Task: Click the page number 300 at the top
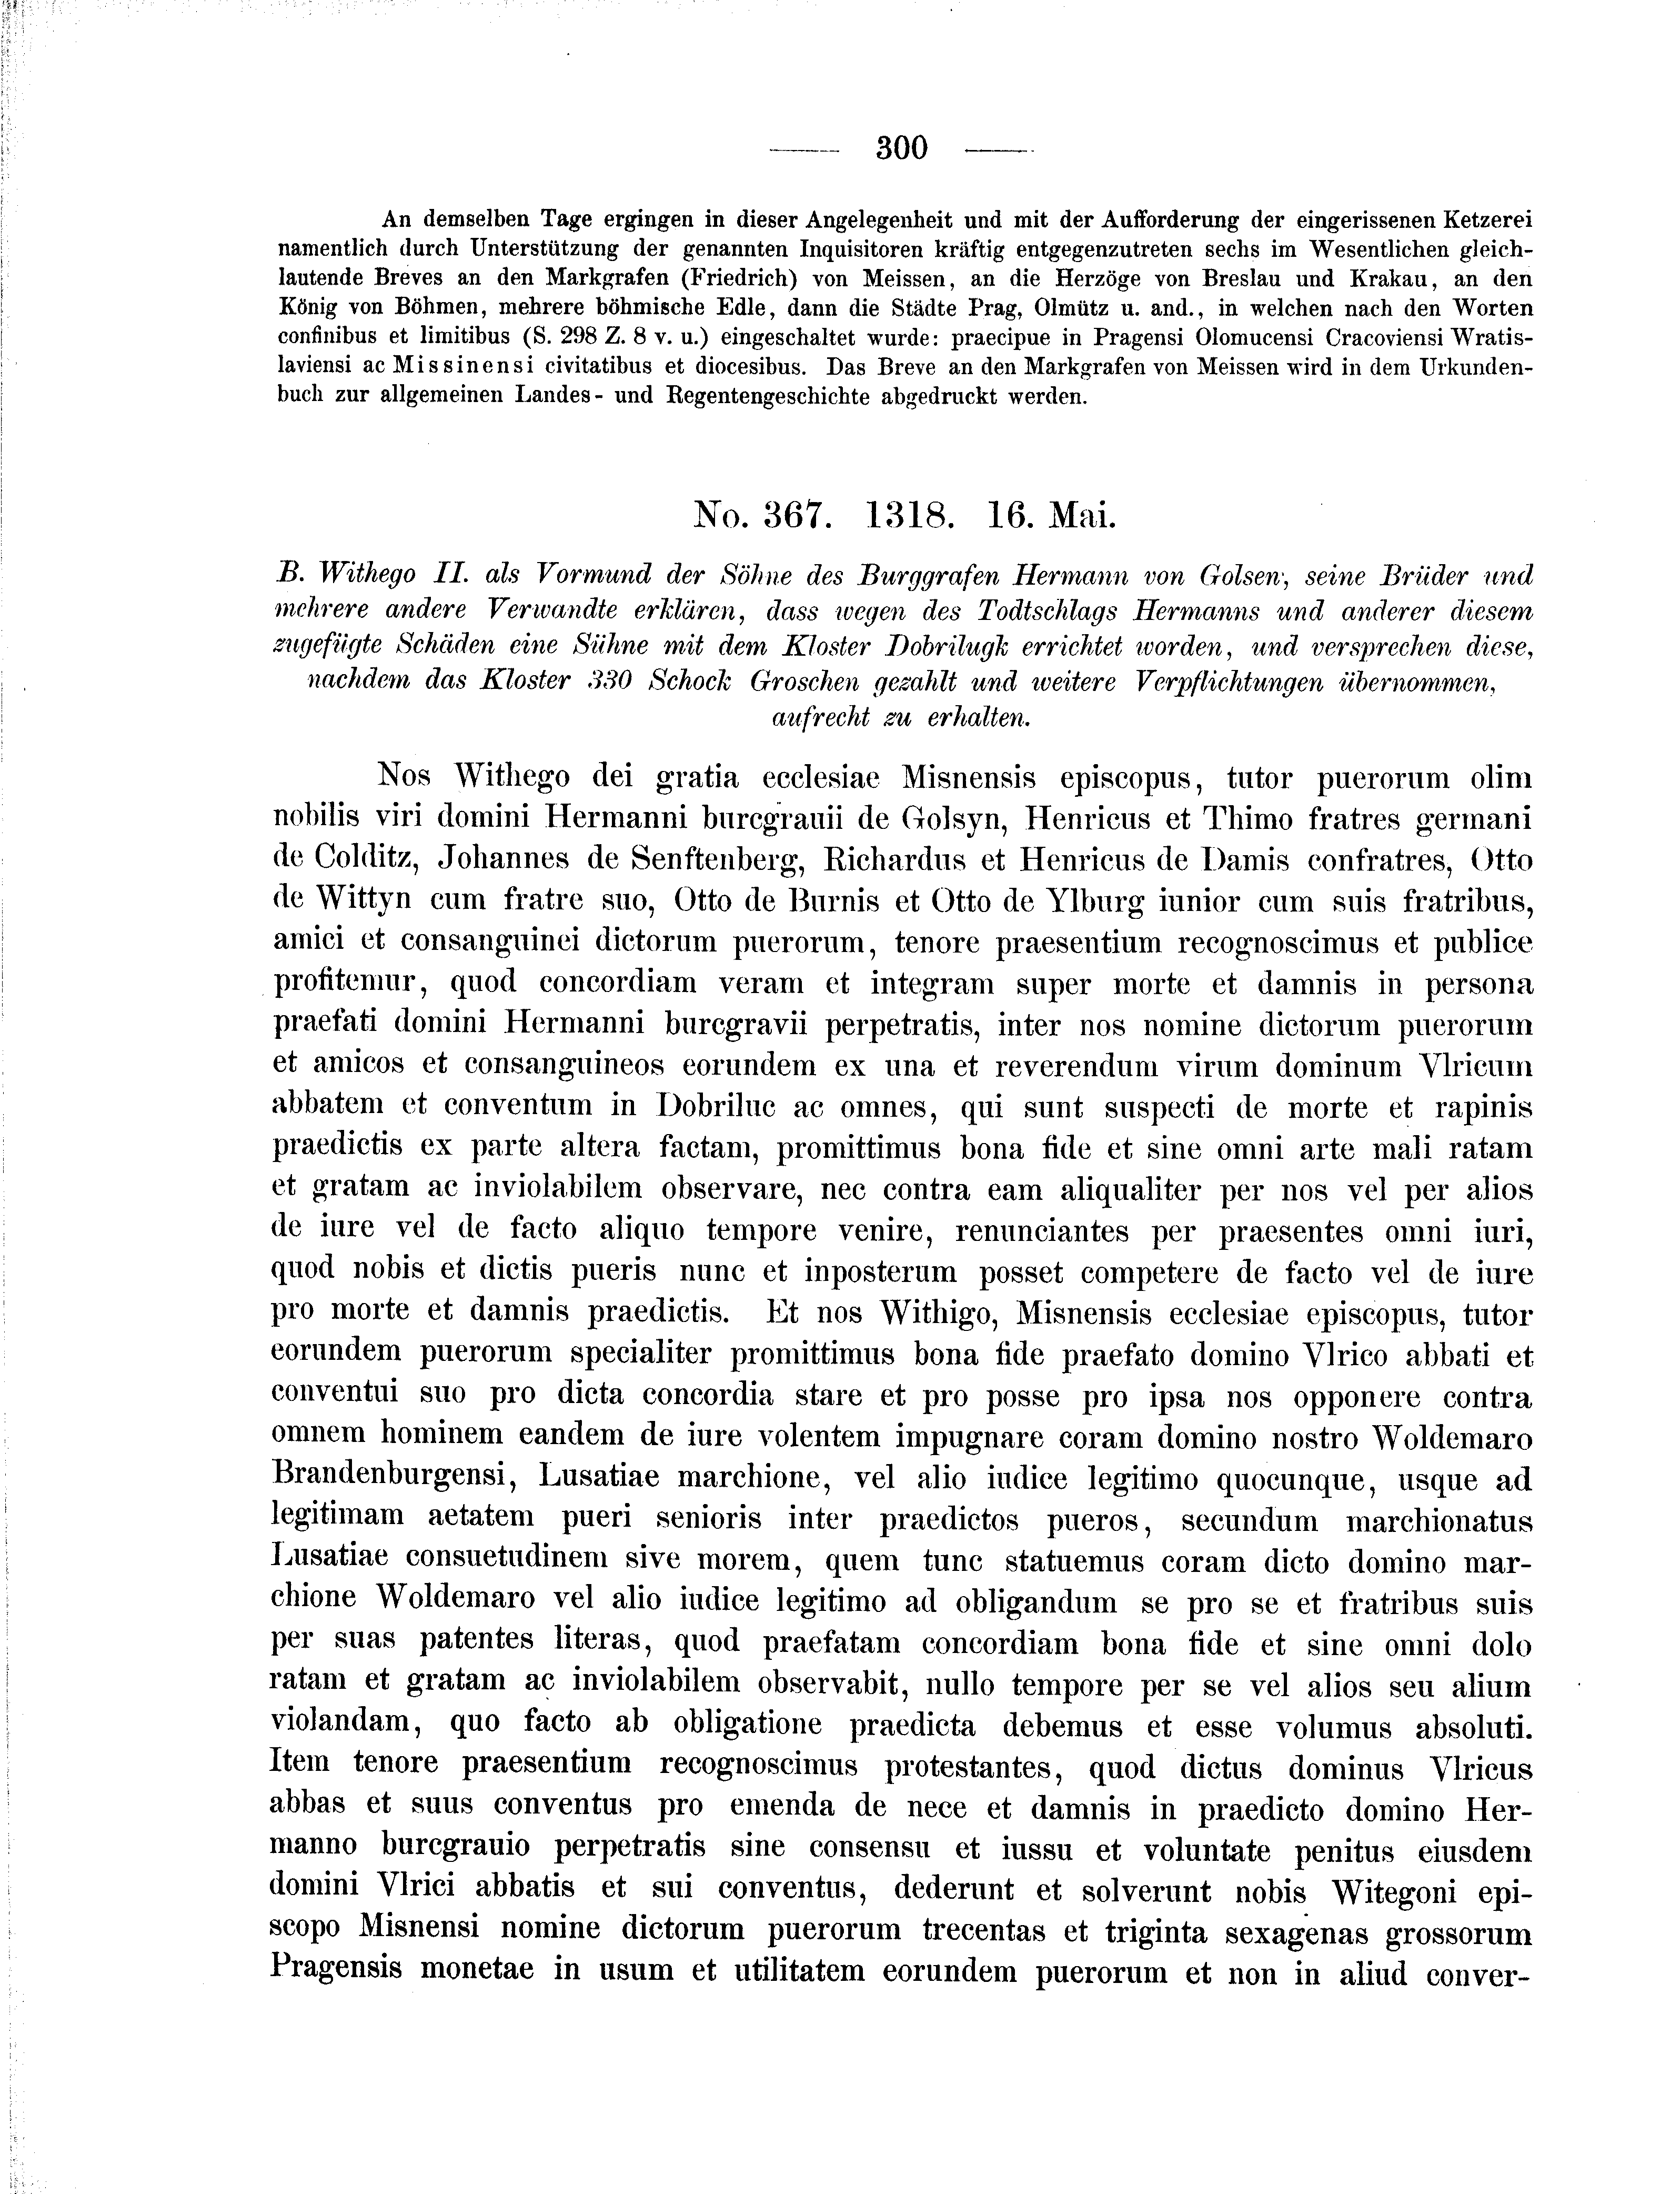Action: pos(902,148)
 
